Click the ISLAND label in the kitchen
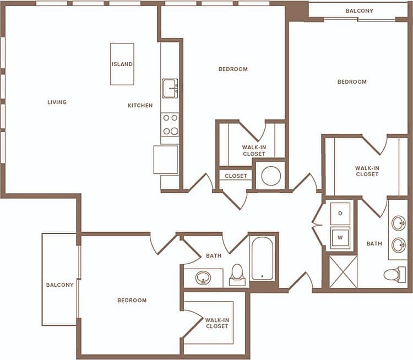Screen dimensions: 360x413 pyautogui.click(x=122, y=64)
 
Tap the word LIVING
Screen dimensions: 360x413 pyautogui.click(x=57, y=102)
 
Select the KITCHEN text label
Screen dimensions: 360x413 pyautogui.click(x=140, y=106)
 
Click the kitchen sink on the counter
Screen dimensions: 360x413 pyautogui.click(x=170, y=88)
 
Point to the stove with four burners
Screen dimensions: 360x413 pyautogui.click(x=170, y=124)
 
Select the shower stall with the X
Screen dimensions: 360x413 pyautogui.click(x=344, y=271)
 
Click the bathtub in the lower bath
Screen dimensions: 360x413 pyautogui.click(x=262, y=259)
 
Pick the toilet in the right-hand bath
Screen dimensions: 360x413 pyautogui.click(x=394, y=274)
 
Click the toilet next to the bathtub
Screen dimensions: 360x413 pyautogui.click(x=237, y=274)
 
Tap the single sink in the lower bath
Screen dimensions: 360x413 pyautogui.click(x=203, y=277)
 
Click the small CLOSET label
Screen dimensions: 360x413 pyautogui.click(x=236, y=176)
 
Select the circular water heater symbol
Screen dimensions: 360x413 pyautogui.click(x=271, y=176)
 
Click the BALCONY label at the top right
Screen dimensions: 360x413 pyautogui.click(x=360, y=11)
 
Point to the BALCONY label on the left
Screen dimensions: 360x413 pyautogui.click(x=60, y=285)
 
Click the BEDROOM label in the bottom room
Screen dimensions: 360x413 pyautogui.click(x=132, y=301)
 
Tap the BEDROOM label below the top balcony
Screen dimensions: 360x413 pyautogui.click(x=352, y=82)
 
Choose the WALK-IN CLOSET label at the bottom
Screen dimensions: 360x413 pyautogui.click(x=216, y=323)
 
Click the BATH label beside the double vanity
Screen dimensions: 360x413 pyautogui.click(x=374, y=243)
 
